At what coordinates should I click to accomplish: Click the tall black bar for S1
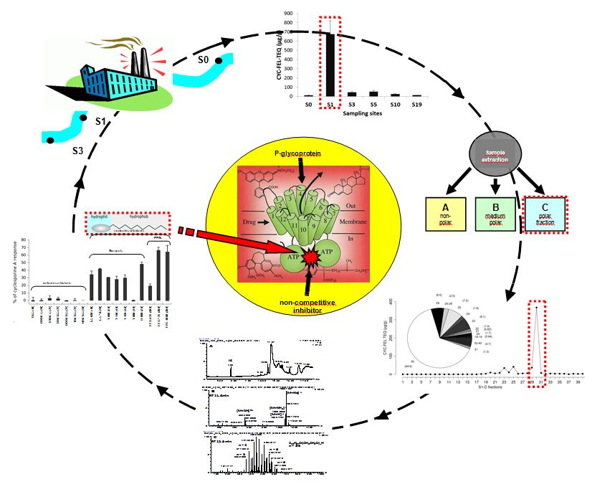click(x=330, y=65)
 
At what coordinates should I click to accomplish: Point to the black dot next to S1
click(x=85, y=117)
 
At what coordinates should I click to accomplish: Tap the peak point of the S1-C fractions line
click(x=536, y=307)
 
